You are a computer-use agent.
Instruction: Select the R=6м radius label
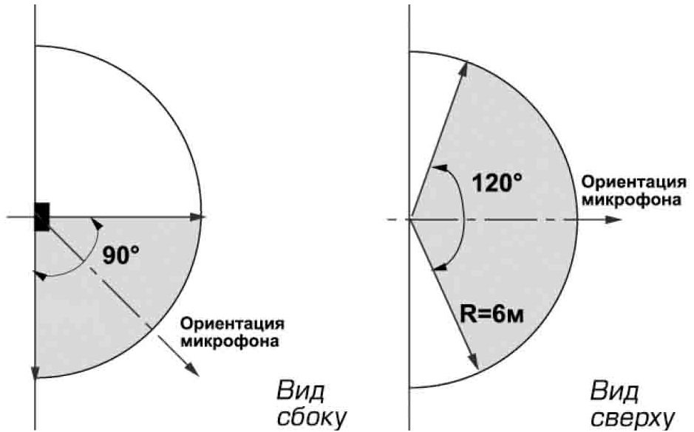(491, 315)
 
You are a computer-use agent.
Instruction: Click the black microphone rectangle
(42, 216)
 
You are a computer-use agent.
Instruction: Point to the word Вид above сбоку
(301, 391)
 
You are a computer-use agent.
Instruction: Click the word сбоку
(310, 417)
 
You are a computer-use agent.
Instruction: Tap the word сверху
(633, 418)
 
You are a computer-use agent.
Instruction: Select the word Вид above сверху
(615, 391)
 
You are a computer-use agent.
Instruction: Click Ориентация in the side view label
(232, 324)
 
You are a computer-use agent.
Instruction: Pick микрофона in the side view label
(230, 341)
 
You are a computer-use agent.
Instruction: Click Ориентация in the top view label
(634, 182)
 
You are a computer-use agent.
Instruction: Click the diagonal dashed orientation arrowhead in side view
(192, 368)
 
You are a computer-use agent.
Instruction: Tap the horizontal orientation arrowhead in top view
(614, 219)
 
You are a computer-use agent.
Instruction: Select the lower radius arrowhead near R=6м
(473, 361)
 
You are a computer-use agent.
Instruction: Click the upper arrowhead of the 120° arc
(440, 168)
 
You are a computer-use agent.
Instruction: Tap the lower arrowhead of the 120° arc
(440, 266)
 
